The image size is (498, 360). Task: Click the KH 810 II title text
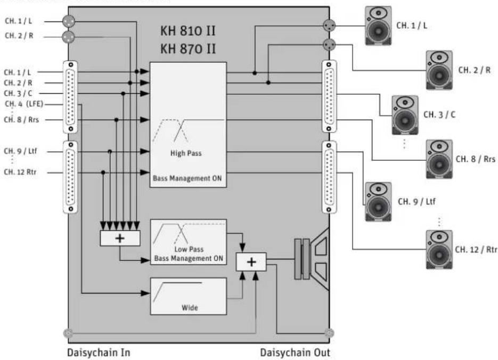click(x=187, y=31)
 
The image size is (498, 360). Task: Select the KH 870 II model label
click(x=187, y=49)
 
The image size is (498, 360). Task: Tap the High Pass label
click(x=186, y=153)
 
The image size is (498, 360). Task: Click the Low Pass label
click(x=189, y=249)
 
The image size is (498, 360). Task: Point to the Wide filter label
click(x=190, y=308)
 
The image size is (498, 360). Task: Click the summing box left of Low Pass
click(x=120, y=238)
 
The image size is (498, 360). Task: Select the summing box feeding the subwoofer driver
click(x=251, y=262)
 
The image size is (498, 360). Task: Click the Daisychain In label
click(x=99, y=353)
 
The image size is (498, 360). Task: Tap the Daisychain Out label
click(x=295, y=353)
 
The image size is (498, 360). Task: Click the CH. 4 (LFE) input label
click(x=24, y=104)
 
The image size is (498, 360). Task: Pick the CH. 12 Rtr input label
click(x=20, y=172)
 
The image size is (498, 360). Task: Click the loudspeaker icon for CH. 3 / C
click(x=405, y=115)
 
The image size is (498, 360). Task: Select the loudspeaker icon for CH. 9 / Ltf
click(x=378, y=202)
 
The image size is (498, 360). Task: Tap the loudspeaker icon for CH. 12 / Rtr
click(x=439, y=250)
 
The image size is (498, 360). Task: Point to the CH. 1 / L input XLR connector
click(x=69, y=21)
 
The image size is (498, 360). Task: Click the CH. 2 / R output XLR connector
click(x=329, y=45)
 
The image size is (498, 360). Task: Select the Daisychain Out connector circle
click(x=329, y=333)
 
